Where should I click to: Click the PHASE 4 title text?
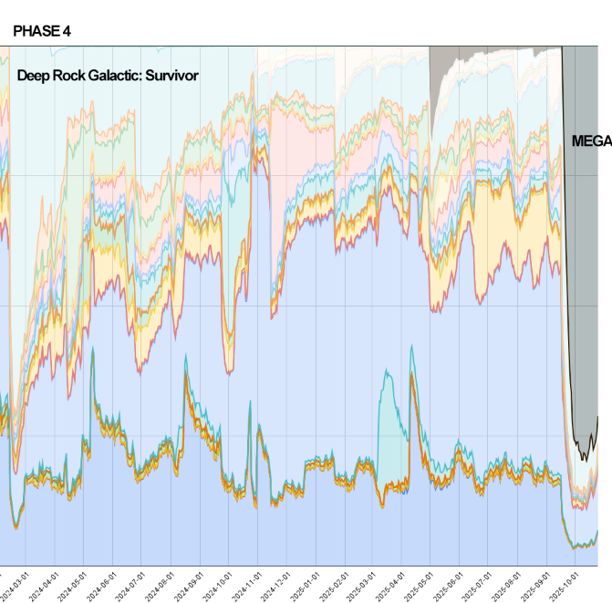click(x=42, y=31)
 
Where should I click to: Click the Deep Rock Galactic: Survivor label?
click(x=108, y=76)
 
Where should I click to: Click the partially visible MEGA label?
click(x=591, y=141)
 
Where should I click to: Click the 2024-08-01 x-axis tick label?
click(x=161, y=583)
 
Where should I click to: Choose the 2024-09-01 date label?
click(x=191, y=583)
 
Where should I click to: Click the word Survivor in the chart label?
click(x=169, y=76)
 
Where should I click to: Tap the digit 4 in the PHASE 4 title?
click(x=67, y=31)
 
